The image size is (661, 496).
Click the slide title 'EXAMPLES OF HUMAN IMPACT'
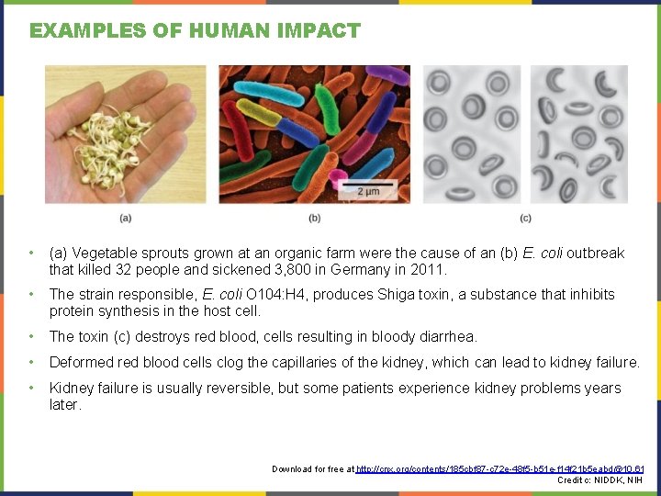point(195,30)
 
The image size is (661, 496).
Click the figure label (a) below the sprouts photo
point(125,218)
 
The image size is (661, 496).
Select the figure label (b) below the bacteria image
point(315,218)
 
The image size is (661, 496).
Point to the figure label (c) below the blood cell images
point(524,218)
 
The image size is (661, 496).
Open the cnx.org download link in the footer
point(499,469)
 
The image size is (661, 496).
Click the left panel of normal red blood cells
point(471,134)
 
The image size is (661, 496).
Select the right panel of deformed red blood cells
point(578,134)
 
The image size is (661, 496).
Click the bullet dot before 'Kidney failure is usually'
point(32,389)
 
